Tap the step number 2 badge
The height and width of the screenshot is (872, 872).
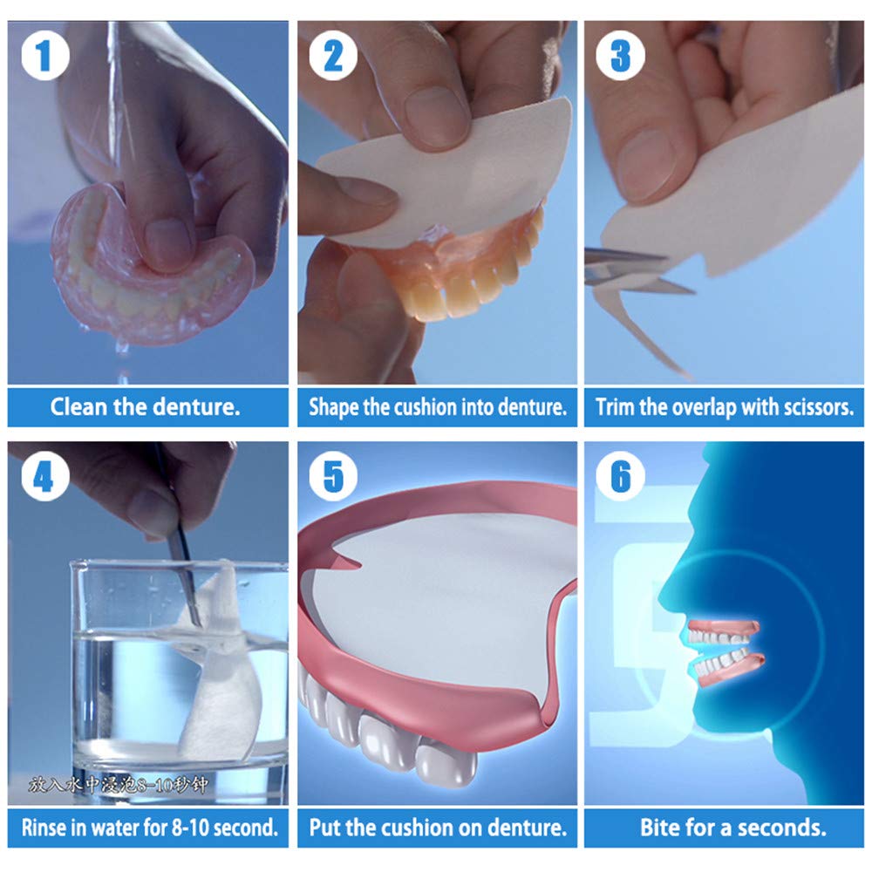pyautogui.click(x=333, y=56)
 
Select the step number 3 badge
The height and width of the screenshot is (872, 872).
pyautogui.click(x=620, y=56)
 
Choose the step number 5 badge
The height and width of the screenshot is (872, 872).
pyautogui.click(x=333, y=477)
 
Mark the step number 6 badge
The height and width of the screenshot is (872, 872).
pyautogui.click(x=620, y=477)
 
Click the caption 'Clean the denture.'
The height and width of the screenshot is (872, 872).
pyautogui.click(x=145, y=407)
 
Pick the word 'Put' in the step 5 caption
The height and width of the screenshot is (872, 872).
pyautogui.click(x=324, y=827)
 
